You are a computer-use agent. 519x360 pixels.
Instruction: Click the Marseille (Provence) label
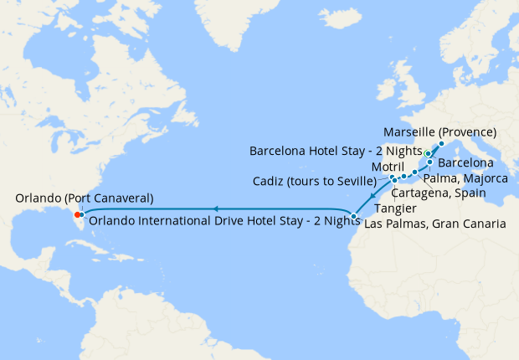coord(439,132)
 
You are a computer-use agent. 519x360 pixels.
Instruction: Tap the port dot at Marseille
coord(441,143)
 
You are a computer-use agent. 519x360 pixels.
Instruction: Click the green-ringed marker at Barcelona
coord(428,153)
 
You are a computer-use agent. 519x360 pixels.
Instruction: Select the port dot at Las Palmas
coord(354,217)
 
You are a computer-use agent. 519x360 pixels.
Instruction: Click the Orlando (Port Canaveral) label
coord(84,198)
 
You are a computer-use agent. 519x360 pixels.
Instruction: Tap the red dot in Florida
coord(77,213)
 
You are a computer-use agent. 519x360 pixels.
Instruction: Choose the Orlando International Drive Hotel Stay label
coord(214,221)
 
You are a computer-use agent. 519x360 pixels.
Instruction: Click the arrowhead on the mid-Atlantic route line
coord(215,208)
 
